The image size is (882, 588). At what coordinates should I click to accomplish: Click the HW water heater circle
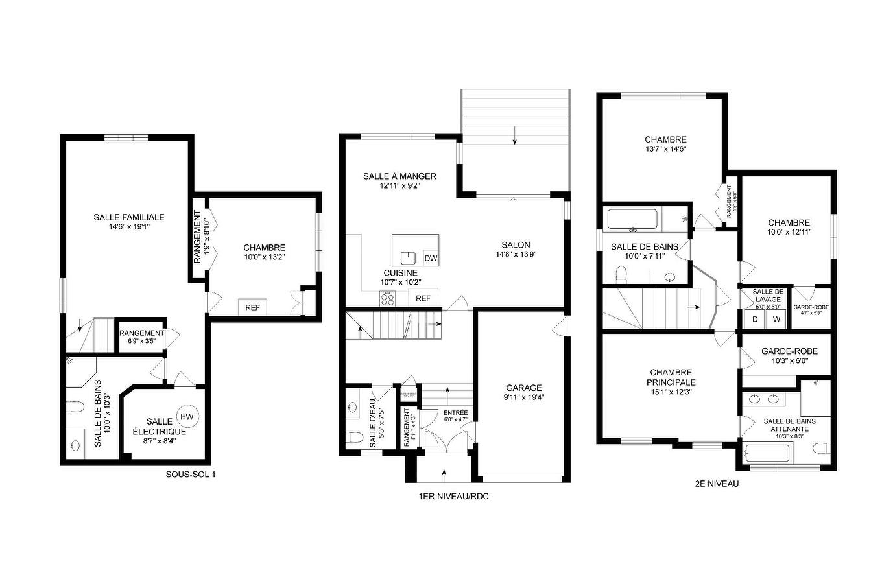(x=187, y=417)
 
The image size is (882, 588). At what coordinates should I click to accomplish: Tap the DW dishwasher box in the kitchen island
(x=431, y=258)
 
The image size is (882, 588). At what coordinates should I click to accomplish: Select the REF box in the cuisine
(x=423, y=298)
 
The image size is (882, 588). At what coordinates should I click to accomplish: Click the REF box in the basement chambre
(x=252, y=307)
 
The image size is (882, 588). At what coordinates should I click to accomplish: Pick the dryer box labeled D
(x=755, y=319)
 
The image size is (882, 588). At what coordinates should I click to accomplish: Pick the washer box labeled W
(x=776, y=319)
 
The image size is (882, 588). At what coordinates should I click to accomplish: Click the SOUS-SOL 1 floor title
(x=191, y=475)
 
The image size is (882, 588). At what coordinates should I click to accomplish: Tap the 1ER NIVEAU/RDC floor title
(x=452, y=497)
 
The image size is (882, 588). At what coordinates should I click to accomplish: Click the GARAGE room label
(x=523, y=388)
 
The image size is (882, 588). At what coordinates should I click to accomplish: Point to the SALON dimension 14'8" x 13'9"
(x=516, y=255)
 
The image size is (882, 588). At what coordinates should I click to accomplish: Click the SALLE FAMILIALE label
(x=129, y=217)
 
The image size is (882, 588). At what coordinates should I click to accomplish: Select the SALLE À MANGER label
(x=399, y=176)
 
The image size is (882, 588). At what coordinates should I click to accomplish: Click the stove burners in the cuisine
(x=388, y=298)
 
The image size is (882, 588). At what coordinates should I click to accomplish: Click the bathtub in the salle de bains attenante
(x=767, y=452)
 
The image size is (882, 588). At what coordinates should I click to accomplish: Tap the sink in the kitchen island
(x=408, y=257)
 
